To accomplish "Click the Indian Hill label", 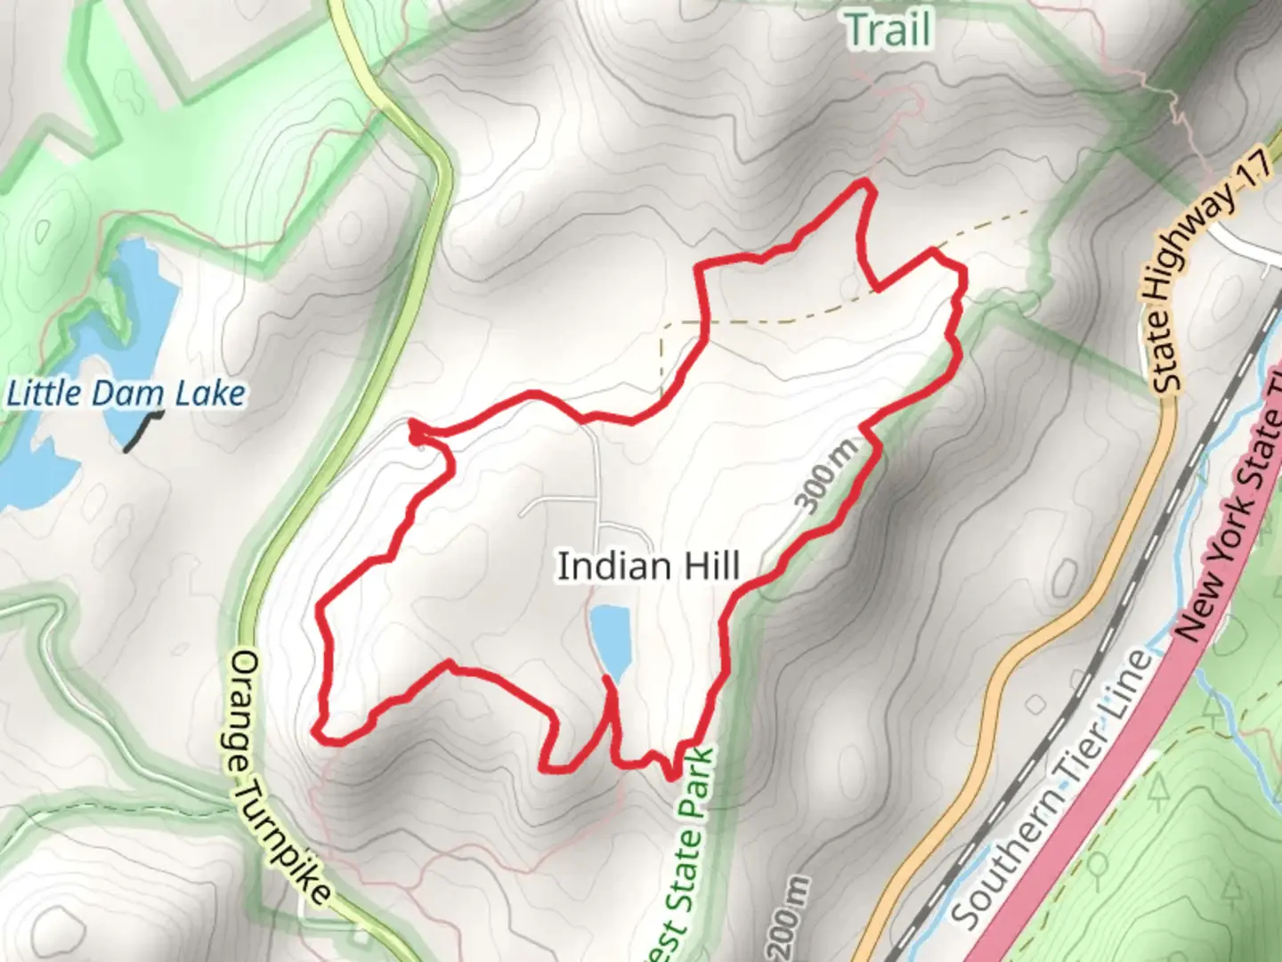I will [x=648, y=567].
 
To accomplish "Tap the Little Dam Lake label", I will [x=126, y=394].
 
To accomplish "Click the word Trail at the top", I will [x=888, y=30].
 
